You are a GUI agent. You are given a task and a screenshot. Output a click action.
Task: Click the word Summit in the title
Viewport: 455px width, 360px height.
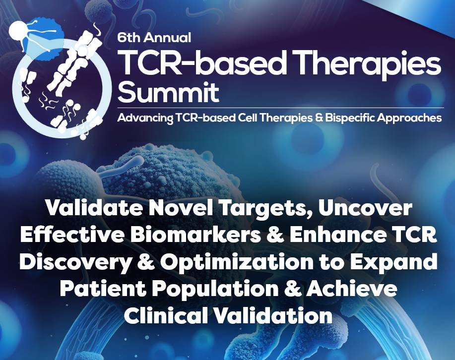(x=168, y=92)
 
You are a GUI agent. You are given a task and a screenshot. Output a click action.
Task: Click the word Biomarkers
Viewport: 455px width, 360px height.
(x=195, y=236)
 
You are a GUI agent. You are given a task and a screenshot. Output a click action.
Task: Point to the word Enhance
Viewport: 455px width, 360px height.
(x=337, y=236)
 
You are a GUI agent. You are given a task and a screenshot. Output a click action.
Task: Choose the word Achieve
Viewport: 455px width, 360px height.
(x=352, y=289)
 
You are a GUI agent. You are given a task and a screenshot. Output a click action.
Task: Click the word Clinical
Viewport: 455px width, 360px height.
(x=167, y=315)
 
